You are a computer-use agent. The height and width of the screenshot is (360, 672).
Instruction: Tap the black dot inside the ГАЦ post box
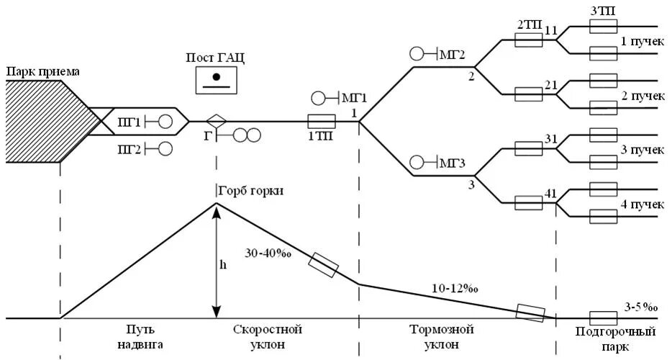216,76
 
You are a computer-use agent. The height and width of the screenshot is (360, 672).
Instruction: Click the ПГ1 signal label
130,122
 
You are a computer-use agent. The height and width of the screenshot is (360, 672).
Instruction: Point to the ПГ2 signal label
130,149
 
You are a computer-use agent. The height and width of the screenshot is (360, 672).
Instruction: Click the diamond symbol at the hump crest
216,122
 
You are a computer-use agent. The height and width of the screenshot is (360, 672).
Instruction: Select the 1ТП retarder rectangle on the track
321,121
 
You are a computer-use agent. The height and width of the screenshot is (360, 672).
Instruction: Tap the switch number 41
551,194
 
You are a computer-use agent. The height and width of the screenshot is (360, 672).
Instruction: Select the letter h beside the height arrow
222,264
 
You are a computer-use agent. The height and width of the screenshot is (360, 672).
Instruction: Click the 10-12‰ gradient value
457,289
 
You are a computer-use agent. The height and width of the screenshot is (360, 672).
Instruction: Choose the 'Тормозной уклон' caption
441,337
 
